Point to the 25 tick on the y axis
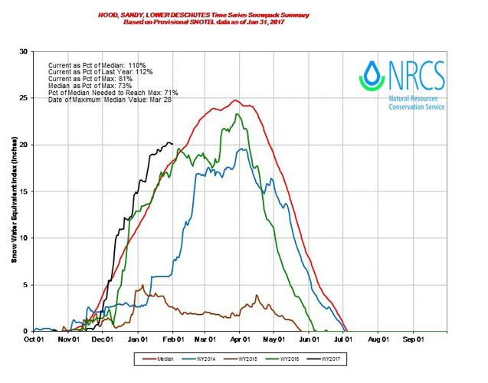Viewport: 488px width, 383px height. click(x=23, y=98)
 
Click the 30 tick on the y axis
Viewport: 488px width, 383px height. click(x=23, y=51)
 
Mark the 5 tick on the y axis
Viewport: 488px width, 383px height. click(x=25, y=285)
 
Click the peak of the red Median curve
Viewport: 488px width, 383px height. click(x=235, y=100)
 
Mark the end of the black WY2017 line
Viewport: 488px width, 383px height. click(x=172, y=143)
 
